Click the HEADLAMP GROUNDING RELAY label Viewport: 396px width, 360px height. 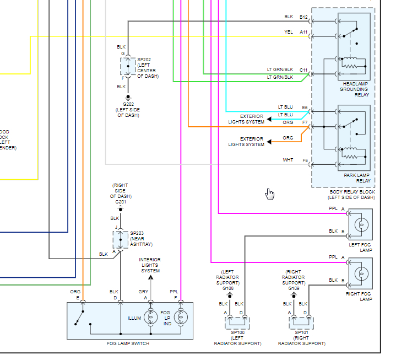354,89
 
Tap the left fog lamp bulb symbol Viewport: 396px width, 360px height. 362,224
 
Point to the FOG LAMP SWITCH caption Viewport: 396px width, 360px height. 128,343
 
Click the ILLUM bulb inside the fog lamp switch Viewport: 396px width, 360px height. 150,318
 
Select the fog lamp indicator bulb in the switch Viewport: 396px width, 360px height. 179,318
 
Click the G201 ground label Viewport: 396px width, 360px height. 121,202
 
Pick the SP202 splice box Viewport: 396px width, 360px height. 128,66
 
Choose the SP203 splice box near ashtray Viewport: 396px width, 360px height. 120,239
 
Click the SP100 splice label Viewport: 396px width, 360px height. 237,333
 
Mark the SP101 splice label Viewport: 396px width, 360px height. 301,333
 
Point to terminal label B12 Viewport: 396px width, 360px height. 303,17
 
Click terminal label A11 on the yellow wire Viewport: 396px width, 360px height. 303,32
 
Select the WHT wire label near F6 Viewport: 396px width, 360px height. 288,160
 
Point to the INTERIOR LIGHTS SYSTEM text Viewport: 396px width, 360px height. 150,265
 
